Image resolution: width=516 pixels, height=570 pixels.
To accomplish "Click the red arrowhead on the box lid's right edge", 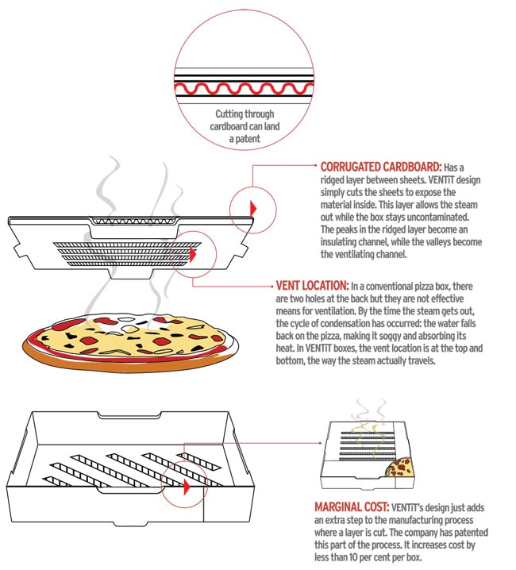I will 254,206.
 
